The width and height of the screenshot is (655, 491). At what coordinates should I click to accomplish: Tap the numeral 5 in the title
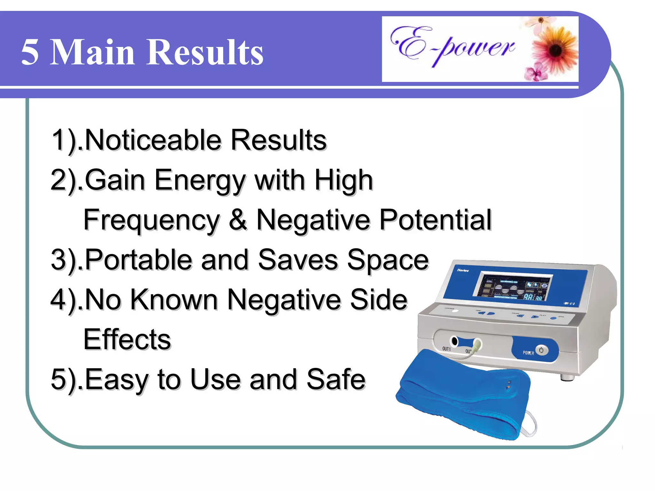[30, 53]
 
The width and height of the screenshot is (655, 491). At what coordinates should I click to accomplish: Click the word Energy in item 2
[200, 181]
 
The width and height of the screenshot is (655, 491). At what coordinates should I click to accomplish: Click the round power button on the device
[541, 350]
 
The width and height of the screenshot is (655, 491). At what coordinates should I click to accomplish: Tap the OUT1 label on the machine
[446, 349]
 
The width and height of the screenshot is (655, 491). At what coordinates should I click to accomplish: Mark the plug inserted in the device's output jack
[477, 345]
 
